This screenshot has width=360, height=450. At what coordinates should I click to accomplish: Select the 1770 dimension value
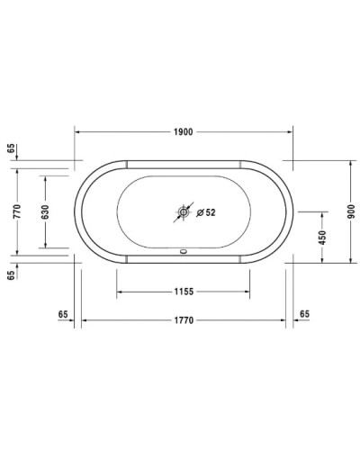[184, 320]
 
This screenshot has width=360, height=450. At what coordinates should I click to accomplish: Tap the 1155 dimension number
[184, 292]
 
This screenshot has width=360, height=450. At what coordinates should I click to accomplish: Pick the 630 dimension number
[44, 212]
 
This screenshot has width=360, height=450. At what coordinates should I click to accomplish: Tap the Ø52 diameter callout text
[206, 213]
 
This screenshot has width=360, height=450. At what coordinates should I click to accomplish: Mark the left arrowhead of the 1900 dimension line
[77, 131]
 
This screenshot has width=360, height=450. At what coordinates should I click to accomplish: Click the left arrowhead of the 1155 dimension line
[119, 292]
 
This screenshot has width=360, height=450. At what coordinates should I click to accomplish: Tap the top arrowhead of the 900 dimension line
[351, 164]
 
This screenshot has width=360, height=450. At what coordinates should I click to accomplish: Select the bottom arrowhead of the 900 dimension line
[351, 261]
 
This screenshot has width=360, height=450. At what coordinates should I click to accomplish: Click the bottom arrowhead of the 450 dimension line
[321, 261]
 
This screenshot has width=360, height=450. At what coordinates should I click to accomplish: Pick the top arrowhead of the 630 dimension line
[44, 177]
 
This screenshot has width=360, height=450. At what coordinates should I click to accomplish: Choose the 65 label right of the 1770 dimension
[303, 312]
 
